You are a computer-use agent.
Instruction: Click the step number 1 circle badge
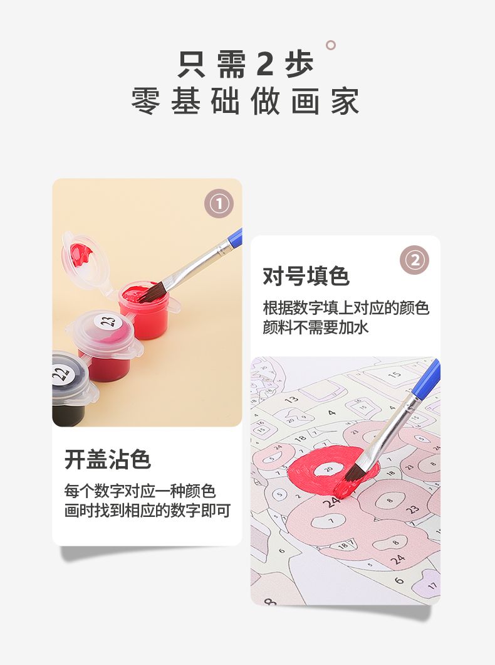click(219, 204)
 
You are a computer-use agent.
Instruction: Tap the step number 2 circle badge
click(415, 260)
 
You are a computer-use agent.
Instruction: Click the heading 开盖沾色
click(108, 459)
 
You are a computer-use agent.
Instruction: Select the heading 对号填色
click(306, 277)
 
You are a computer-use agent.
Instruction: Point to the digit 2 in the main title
click(264, 65)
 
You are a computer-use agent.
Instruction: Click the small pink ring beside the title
click(331, 45)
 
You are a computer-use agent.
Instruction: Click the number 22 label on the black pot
click(61, 374)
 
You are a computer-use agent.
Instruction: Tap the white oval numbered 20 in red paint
click(328, 469)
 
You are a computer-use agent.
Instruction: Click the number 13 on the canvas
click(291, 400)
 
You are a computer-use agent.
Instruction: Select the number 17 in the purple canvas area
click(432, 586)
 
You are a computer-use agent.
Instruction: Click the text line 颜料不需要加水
click(315, 327)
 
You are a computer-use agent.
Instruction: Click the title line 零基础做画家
click(246, 102)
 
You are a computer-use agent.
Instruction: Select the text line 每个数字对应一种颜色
click(140, 491)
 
